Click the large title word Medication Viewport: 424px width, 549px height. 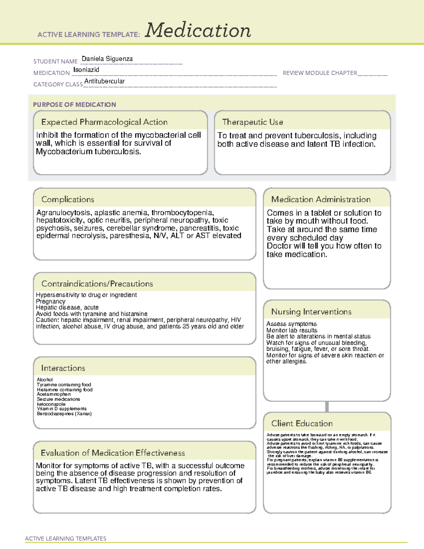click(198, 30)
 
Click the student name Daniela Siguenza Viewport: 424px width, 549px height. click(107, 59)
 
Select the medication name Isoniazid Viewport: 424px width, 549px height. click(86, 70)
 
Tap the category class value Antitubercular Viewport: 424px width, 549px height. click(104, 81)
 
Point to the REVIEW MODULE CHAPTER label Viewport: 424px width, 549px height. click(320, 73)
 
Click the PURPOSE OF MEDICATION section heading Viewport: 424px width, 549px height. click(74, 105)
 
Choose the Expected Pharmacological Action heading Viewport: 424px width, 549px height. click(104, 122)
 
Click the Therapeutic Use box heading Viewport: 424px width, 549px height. click(252, 122)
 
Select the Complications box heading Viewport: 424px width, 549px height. click(67, 199)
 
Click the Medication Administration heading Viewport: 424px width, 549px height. click(320, 199)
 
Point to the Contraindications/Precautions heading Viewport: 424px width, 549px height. click(97, 284)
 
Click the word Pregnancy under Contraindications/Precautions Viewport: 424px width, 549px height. click(51, 301)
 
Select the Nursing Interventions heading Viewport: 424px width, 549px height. click(311, 311)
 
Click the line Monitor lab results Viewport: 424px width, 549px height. click(291, 330)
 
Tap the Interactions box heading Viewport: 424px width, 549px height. click(63, 368)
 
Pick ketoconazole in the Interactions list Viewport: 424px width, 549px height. click(51, 404)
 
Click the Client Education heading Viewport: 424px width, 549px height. click(302, 424)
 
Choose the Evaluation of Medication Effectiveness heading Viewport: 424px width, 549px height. click(113, 453)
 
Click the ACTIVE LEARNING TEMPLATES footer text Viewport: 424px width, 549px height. click(65, 538)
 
